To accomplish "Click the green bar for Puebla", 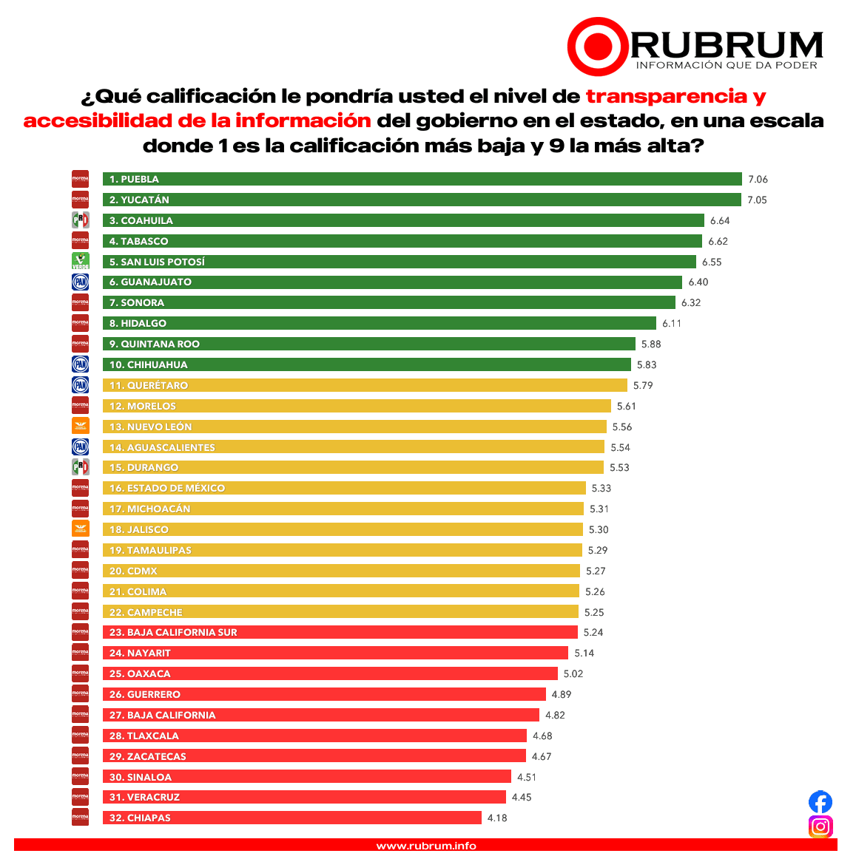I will pyautogui.click(x=422, y=179).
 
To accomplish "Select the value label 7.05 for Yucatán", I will pyautogui.click(x=758, y=200).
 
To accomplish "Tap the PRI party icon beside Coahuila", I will pyautogui.click(x=80, y=220).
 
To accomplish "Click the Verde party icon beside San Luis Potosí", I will pyautogui.click(x=80, y=261).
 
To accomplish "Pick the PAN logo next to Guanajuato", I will pyautogui.click(x=80, y=282).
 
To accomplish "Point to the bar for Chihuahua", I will pyautogui.click(x=366, y=364).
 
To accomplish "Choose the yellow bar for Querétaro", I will pyautogui.click(x=365, y=385).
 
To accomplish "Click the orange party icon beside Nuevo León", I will pyautogui.click(x=80, y=426).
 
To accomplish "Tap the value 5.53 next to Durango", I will pyautogui.click(x=619, y=467).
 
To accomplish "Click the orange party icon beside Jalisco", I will pyautogui.click(x=80, y=529).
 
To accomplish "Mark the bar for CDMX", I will pyautogui.click(x=341, y=571).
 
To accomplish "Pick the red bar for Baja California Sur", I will pyautogui.click(x=340, y=632).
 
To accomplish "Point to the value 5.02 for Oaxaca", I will pyautogui.click(x=573, y=673).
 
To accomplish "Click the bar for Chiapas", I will pyautogui.click(x=291, y=818).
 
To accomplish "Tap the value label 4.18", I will pyautogui.click(x=497, y=818).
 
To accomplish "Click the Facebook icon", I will pyautogui.click(x=820, y=802).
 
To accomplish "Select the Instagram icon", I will pyautogui.click(x=820, y=826).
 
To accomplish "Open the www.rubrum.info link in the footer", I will pyautogui.click(x=426, y=846).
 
